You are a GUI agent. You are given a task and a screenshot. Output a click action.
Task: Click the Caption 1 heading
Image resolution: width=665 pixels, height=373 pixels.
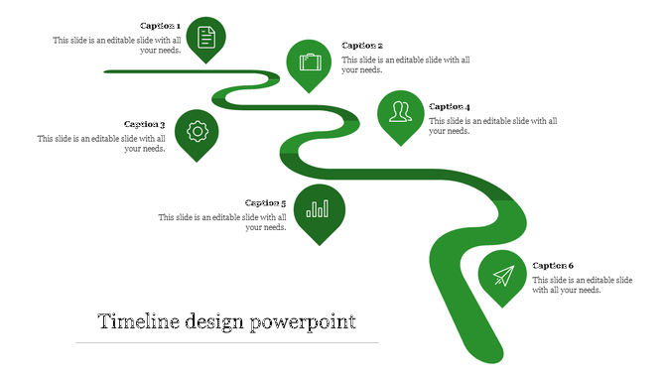(x=160, y=26)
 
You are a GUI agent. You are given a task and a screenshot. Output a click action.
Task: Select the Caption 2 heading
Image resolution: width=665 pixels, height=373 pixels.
(x=362, y=46)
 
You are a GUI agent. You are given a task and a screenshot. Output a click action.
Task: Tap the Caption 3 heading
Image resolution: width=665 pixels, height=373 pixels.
(x=144, y=125)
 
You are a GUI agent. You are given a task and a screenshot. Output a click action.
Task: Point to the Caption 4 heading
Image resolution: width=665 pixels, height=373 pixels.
(x=450, y=107)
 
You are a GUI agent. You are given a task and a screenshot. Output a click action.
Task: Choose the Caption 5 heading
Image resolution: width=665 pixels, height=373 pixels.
(x=265, y=203)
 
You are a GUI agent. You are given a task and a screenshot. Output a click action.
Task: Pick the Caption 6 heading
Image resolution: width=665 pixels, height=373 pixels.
(x=553, y=266)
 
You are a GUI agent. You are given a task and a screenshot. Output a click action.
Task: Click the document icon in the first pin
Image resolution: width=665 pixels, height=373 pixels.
(x=206, y=38)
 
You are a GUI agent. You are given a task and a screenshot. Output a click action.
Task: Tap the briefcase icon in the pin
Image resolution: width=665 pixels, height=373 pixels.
(x=311, y=62)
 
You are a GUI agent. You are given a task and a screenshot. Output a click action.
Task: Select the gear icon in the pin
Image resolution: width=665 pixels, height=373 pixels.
(x=197, y=130)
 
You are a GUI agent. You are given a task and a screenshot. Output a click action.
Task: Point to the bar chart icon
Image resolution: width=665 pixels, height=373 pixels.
(x=319, y=208)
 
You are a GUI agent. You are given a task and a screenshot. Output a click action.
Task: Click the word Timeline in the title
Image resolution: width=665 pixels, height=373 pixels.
(x=138, y=322)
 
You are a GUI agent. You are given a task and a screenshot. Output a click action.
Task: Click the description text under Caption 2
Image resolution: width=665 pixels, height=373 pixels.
(x=405, y=65)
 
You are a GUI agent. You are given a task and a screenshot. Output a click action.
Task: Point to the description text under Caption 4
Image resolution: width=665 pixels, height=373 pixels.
(x=492, y=126)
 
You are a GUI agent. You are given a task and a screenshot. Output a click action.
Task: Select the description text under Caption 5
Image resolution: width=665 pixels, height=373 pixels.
(x=223, y=222)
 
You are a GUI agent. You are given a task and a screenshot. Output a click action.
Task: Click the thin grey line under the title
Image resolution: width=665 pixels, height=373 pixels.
(x=227, y=343)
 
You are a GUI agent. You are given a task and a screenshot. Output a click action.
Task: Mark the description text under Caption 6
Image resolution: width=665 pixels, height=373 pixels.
(x=582, y=286)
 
